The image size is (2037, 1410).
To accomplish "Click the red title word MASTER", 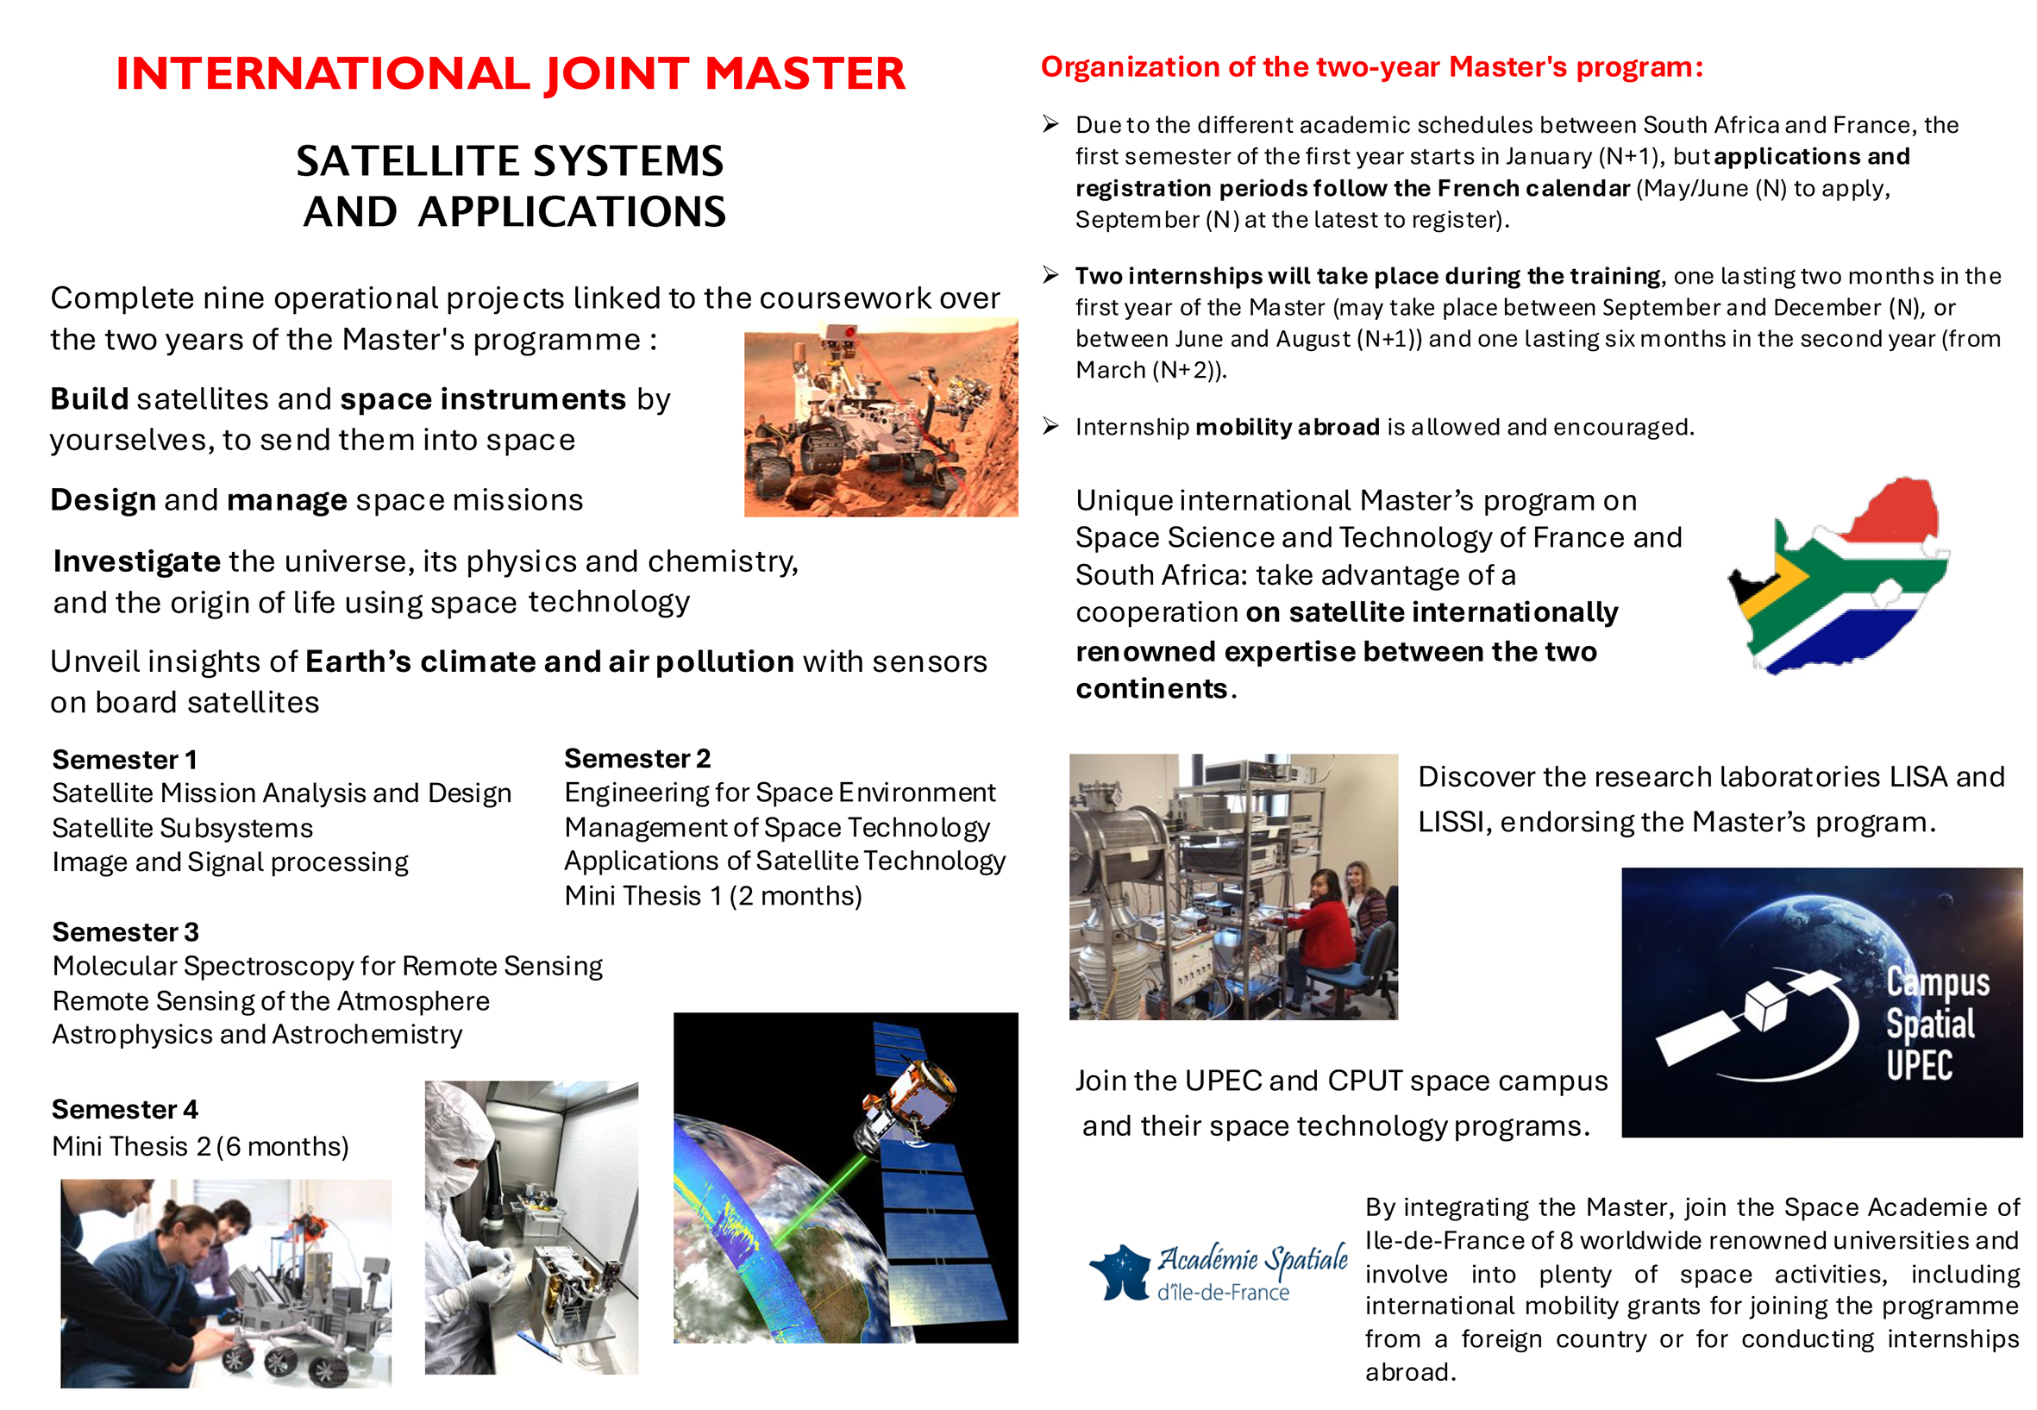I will (804, 73).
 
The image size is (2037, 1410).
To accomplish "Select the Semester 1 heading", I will (124, 759).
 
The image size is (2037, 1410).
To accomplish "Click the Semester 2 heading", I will (637, 758).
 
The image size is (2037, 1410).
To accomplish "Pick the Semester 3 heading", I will (125, 931).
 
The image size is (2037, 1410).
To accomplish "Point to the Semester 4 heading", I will (124, 1109).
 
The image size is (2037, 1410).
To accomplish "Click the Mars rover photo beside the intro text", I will (880, 419).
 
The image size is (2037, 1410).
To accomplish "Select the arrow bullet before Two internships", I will (1050, 275).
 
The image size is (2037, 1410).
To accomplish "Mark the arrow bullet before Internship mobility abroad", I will (1050, 427).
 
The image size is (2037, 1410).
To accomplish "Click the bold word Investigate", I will (137, 561).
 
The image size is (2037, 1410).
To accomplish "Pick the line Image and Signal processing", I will (229, 862).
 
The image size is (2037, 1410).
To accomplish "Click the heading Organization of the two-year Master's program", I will (1371, 67).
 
